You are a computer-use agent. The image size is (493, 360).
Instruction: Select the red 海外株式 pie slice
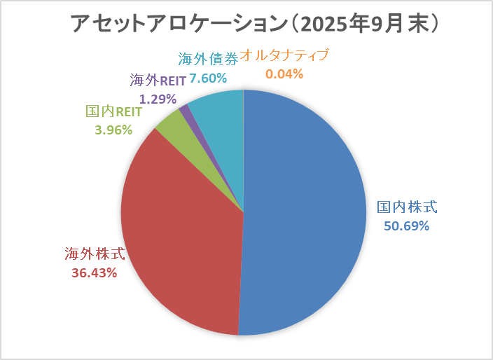coord(182,238)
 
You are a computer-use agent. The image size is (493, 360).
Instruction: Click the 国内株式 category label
coord(407,207)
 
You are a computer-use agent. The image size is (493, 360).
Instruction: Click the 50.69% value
coord(406,226)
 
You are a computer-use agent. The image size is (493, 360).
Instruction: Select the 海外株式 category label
coord(94,254)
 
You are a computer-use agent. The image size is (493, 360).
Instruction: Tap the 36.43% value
coord(94,272)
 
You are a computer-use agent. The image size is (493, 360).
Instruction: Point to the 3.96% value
coord(113,129)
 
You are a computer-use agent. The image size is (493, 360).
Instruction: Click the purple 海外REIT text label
coord(158,81)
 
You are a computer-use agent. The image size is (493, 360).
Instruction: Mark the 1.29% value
coord(158,99)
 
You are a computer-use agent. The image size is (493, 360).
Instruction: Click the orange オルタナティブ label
coord(284,55)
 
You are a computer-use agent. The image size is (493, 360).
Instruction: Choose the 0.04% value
coord(284,73)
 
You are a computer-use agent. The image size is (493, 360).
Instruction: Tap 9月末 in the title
coord(400,23)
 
